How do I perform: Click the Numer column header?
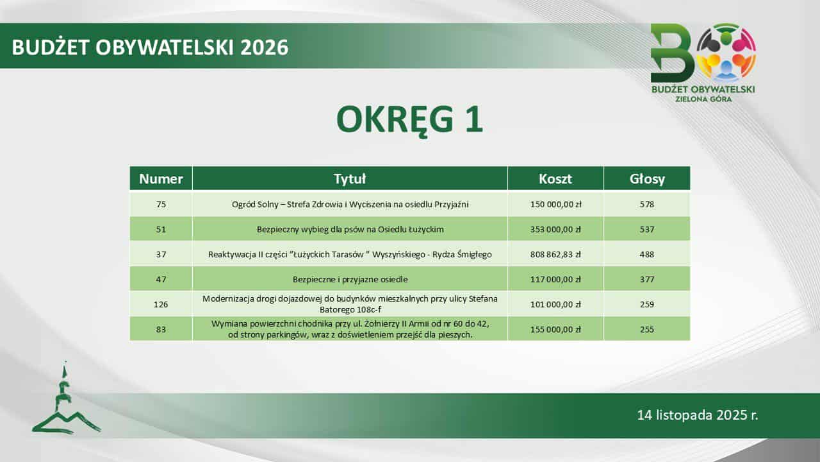(161, 178)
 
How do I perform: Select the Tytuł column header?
(350, 178)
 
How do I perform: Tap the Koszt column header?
(555, 178)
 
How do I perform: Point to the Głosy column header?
(647, 179)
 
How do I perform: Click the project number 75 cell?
(161, 204)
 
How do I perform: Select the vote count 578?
(647, 204)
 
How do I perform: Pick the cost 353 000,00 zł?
(555, 230)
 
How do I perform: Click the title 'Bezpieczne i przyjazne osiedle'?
(350, 279)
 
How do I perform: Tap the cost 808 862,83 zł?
(555, 255)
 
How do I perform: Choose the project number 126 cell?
(161, 304)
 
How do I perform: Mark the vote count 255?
(647, 329)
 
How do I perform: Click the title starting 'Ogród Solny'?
(350, 204)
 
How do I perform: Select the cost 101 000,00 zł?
(555, 304)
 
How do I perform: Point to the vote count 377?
(647, 279)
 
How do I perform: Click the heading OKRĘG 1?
(409, 120)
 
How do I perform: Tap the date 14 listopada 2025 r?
(698, 415)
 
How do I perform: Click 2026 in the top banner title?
(265, 47)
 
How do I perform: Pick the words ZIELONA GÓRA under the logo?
(703, 99)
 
